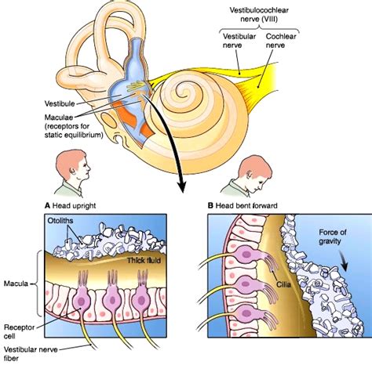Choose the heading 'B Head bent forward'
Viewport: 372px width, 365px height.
[x=245, y=208]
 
